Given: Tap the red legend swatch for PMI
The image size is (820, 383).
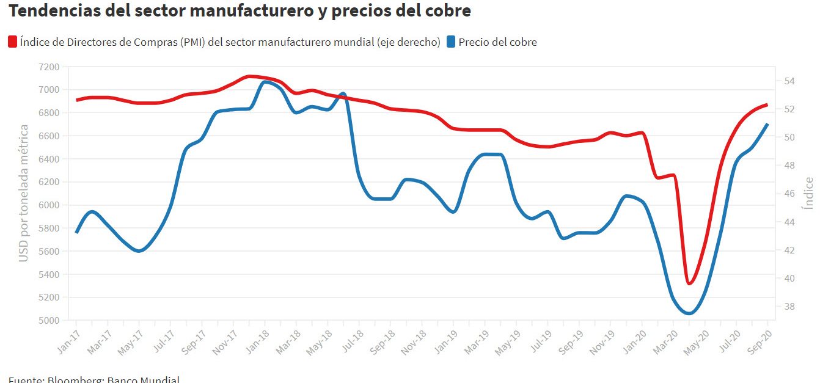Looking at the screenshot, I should coord(13,42).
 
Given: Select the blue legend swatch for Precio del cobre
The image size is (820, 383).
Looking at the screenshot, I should coord(451,42).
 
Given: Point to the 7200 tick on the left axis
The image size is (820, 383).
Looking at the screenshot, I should coord(48,67).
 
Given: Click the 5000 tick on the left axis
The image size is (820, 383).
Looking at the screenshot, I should coord(48,321).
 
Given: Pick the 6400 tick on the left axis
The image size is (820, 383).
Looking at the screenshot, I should coord(48,159).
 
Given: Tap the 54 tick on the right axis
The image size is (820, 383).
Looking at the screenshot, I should coord(789,81).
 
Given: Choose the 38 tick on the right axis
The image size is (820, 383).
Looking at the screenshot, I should coord(789,307).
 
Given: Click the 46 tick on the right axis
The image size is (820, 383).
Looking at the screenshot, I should coord(789,194).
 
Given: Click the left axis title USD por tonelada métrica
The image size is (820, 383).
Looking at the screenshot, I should coord(24,194).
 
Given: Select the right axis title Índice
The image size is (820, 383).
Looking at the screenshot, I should coord(809,194).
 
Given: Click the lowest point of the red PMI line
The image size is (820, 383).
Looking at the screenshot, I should coord(689,283).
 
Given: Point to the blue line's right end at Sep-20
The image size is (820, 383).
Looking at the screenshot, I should coord(767,125).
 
